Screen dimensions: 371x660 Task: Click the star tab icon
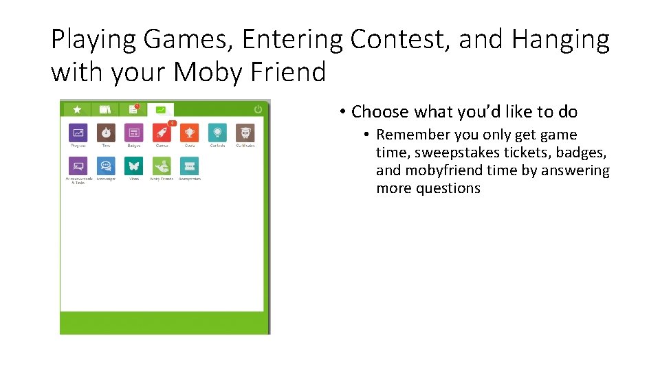click(x=78, y=109)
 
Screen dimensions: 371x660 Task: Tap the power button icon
click(x=258, y=109)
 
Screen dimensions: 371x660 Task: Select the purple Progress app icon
click(x=78, y=133)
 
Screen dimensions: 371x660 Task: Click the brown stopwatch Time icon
click(x=106, y=133)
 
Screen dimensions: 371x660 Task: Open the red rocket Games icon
click(x=162, y=133)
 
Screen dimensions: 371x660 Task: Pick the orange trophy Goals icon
click(x=189, y=133)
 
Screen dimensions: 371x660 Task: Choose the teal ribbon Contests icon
click(x=217, y=133)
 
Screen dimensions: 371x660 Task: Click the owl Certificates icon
click(x=245, y=133)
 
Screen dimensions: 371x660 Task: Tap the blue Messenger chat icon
click(x=106, y=166)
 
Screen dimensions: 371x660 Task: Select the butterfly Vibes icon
click(x=133, y=166)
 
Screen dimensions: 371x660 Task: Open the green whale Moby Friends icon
click(x=162, y=166)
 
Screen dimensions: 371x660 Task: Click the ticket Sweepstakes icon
click(x=189, y=166)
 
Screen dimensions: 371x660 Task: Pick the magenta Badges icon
click(x=133, y=133)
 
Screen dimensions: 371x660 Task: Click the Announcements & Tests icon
click(x=78, y=166)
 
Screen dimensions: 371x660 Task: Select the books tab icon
click(x=105, y=109)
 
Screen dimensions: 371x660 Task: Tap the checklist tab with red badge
click(x=133, y=109)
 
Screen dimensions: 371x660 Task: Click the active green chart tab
click(x=161, y=109)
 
